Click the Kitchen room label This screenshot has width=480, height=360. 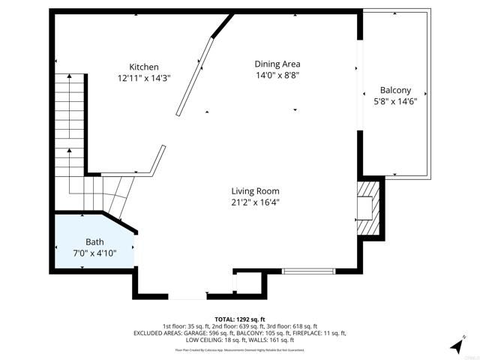coord(143,67)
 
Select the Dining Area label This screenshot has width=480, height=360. coord(277,64)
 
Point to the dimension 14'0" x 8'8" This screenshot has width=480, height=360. coord(277,75)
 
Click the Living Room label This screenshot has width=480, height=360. coord(255,190)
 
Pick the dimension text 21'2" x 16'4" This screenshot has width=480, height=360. coord(255,202)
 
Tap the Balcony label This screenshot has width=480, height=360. coord(394,90)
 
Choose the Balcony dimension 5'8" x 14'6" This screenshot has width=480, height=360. coord(394,101)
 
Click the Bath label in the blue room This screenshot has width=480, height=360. coord(94,241)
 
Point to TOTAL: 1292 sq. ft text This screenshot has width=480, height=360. coord(240,319)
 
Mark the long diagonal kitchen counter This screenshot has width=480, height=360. coord(191,78)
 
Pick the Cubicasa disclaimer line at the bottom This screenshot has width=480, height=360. coord(240,349)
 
